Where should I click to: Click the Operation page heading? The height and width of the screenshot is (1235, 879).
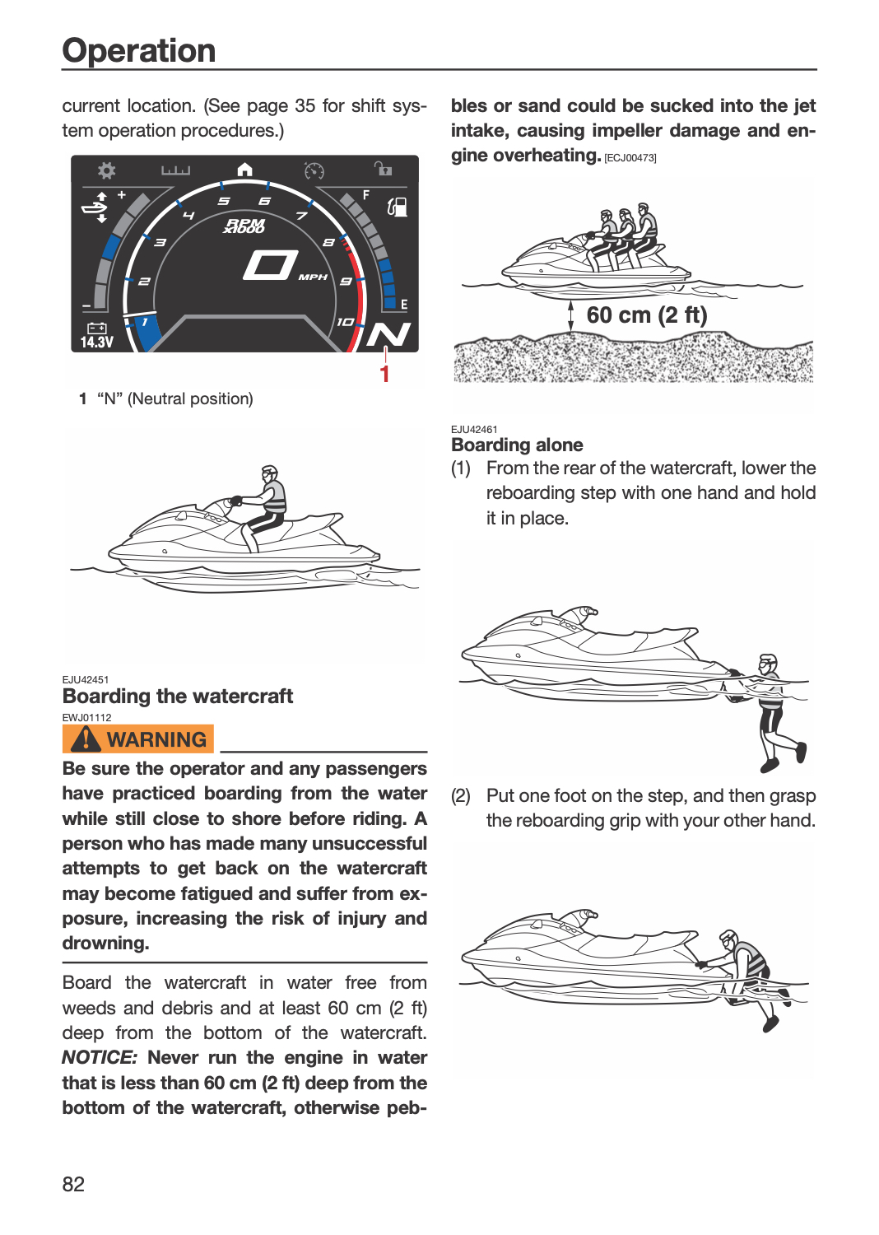point(138,51)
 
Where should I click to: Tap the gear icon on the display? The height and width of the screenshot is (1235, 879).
point(106,170)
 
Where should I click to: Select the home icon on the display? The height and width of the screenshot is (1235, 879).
point(244,170)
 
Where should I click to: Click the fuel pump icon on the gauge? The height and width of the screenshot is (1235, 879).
point(397,207)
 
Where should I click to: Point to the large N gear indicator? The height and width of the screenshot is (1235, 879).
point(388,334)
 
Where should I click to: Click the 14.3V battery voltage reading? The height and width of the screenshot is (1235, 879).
point(97,343)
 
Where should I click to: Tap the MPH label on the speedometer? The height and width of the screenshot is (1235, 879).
point(313,277)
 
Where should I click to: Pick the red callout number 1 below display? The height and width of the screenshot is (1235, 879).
point(384,374)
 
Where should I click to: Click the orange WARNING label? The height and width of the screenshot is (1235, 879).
point(137,739)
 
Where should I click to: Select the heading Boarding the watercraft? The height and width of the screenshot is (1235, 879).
point(178,696)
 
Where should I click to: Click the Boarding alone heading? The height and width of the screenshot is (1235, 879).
point(517,445)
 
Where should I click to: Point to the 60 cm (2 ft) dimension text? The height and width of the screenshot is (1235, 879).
point(646,315)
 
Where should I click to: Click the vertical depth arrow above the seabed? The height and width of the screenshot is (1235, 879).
point(571,316)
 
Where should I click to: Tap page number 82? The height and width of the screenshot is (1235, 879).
point(73,1184)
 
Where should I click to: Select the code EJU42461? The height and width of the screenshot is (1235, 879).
point(474,430)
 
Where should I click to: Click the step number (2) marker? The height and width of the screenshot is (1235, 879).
point(461,795)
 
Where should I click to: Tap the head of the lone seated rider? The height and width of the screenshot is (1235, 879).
point(270,473)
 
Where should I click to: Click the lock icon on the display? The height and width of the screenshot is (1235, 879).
point(383,168)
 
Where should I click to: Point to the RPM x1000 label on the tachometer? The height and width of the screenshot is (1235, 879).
point(244,226)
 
